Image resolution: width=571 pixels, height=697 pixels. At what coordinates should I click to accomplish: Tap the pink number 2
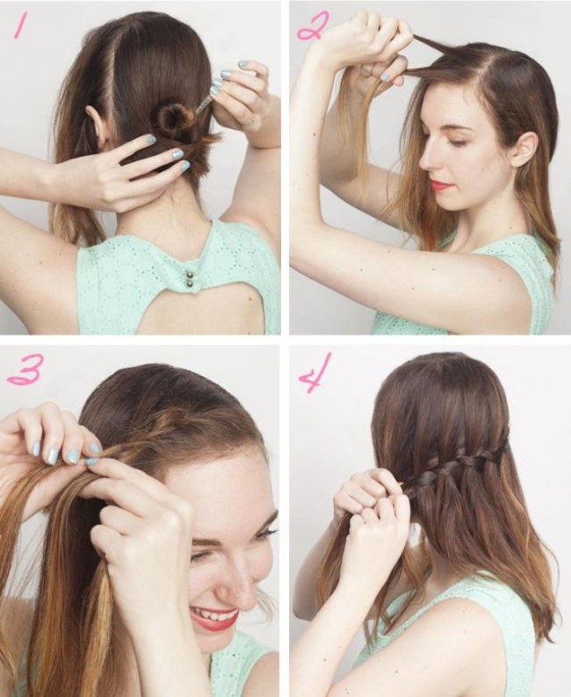[314, 25]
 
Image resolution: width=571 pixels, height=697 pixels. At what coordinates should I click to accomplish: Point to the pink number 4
[315, 372]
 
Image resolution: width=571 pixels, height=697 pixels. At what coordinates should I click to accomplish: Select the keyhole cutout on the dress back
[184, 310]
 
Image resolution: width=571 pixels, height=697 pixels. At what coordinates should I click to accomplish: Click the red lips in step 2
[439, 183]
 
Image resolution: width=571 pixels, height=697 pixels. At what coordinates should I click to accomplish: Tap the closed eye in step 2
[455, 141]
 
